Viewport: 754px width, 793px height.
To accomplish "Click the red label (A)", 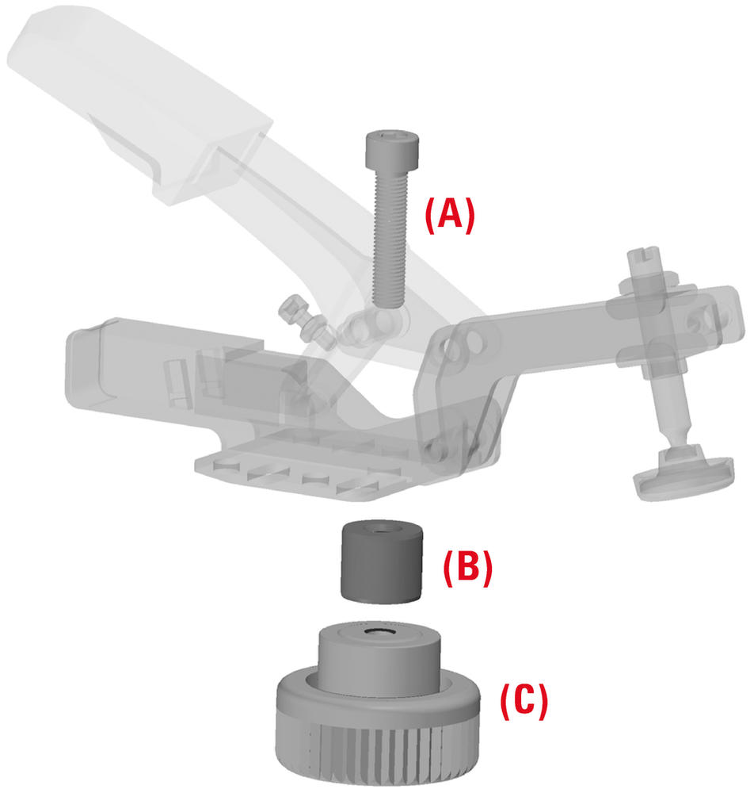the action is [x=450, y=216].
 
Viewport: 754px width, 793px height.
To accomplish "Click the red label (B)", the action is [x=467, y=568].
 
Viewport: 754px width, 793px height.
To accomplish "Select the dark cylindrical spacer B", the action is [x=381, y=562].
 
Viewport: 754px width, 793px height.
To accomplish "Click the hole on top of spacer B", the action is [x=383, y=529].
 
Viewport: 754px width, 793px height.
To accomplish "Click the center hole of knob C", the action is [x=378, y=631].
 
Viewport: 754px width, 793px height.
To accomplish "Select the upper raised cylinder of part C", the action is [x=379, y=657].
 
